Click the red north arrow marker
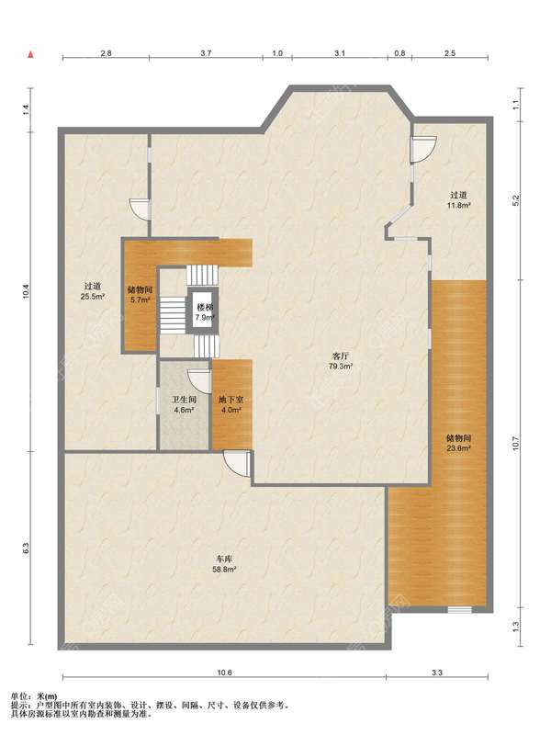[31, 54]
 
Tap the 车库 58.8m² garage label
[225, 564]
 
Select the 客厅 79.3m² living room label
[340, 361]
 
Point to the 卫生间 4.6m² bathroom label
[184, 404]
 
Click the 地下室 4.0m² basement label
[231, 404]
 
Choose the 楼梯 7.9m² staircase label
[205, 312]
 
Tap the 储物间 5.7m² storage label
[140, 295]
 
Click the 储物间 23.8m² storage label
[458, 443]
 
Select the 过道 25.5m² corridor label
[93, 290]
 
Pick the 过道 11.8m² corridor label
[458, 199]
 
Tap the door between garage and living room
[237, 464]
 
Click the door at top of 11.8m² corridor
[423, 149]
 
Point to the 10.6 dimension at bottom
[224, 673]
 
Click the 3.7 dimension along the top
[206, 53]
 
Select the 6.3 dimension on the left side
[26, 548]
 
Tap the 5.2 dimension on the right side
[516, 200]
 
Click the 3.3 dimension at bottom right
[437, 673]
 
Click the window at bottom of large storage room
[459, 609]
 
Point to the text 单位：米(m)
[34, 697]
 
